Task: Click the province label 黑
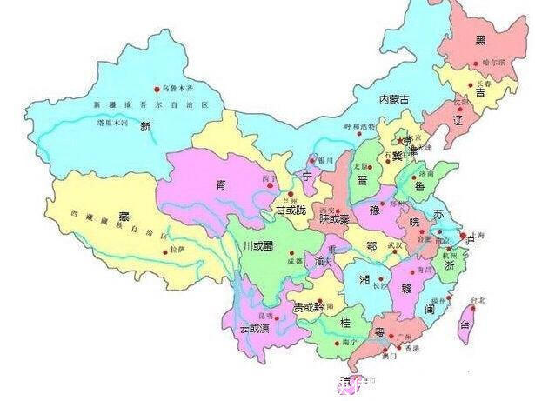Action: pyautogui.click(x=480, y=41)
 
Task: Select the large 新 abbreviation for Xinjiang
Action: pyautogui.click(x=145, y=127)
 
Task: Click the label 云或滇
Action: pyautogui.click(x=256, y=328)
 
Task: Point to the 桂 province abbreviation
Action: pyautogui.click(x=344, y=323)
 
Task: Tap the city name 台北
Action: pyautogui.click(x=478, y=300)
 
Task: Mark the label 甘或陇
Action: pyautogui.click(x=291, y=211)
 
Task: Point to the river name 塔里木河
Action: pyautogui.click(x=112, y=124)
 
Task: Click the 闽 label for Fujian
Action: pyautogui.click(x=430, y=309)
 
